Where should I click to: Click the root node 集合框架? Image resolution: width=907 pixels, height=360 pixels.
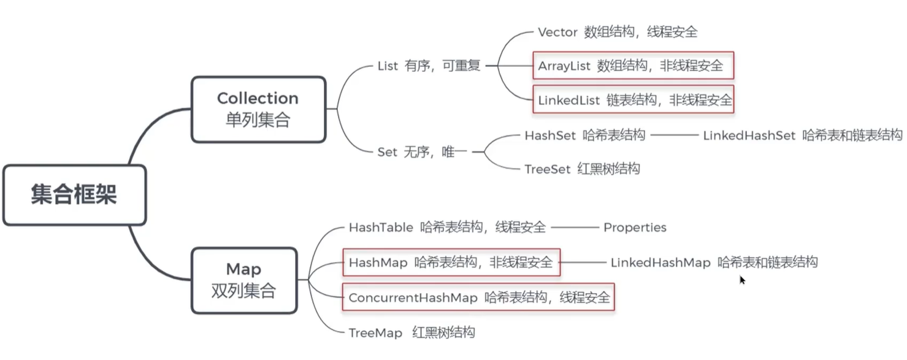pos(74,195)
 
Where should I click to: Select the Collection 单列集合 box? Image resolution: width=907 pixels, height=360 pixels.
pos(258,109)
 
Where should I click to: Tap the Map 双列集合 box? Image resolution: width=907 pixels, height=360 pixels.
pos(243,280)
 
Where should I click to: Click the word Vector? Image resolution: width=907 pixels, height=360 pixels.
pos(557,32)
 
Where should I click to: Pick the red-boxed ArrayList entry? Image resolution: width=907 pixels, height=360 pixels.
pos(632,66)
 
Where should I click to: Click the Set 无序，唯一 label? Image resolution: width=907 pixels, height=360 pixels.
pos(422,151)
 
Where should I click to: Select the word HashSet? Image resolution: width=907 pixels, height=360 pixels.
pos(549,135)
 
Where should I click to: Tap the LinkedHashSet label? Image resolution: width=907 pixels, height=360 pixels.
pos(749,135)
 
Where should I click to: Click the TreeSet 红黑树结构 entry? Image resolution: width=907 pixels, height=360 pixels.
pos(582,169)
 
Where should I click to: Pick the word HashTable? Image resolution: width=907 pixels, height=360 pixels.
pos(381,228)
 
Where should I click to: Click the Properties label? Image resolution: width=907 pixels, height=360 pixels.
pos(635,228)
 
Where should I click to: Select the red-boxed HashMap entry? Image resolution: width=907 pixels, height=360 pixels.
pos(451,262)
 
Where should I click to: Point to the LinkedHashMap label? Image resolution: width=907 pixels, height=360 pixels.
pos(660,262)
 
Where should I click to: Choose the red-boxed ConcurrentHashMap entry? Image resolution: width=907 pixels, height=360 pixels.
pos(479,297)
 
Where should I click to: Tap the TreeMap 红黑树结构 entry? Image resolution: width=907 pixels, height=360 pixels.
pos(411,333)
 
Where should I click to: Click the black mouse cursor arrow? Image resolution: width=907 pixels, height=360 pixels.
pos(742,280)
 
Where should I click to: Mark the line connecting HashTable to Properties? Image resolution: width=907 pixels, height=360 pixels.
pos(574,228)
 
